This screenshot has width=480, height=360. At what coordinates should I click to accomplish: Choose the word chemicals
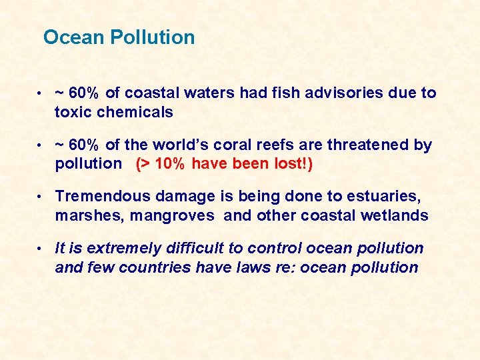click(135, 112)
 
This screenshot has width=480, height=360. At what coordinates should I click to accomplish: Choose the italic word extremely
click(118, 249)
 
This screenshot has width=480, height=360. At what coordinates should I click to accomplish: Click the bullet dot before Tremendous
click(40, 197)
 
